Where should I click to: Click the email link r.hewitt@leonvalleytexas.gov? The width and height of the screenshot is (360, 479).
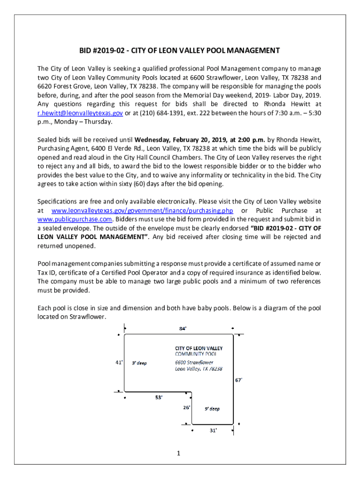pos(80,113)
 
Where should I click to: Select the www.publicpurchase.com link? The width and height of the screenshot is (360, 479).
pos(75,219)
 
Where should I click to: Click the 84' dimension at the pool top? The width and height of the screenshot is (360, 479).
pos(183,328)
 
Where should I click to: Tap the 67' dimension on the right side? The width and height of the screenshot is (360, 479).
pos(238,380)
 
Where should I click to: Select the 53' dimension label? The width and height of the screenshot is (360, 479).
pos(159,398)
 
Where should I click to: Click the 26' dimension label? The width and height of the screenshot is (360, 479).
pos(187,407)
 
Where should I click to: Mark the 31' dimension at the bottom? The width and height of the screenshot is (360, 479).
pos(213,431)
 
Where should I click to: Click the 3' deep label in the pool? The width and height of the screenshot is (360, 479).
pos(139,363)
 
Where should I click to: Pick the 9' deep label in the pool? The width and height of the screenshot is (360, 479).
pos(212,408)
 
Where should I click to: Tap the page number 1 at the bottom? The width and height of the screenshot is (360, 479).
pos(179,453)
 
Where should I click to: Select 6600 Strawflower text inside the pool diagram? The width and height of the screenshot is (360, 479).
pos(194,362)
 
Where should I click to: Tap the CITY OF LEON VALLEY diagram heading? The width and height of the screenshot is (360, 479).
pos(199,348)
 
